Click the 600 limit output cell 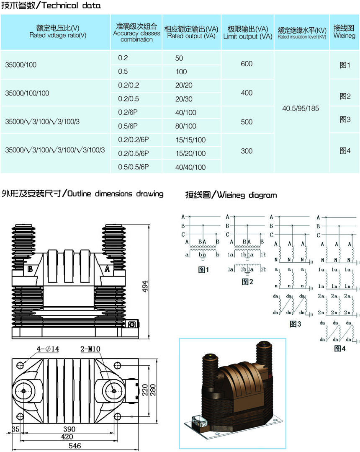[x=247, y=64]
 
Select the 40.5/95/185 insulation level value [x=301, y=108]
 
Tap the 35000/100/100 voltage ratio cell [x=27, y=93]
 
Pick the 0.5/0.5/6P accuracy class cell [x=134, y=167]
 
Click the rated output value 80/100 [x=186, y=126]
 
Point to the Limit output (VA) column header [x=248, y=33]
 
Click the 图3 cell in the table [x=345, y=119]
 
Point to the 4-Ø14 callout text [x=48, y=349]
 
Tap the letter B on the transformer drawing [x=30, y=269]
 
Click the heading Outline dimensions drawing [x=82, y=194]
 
